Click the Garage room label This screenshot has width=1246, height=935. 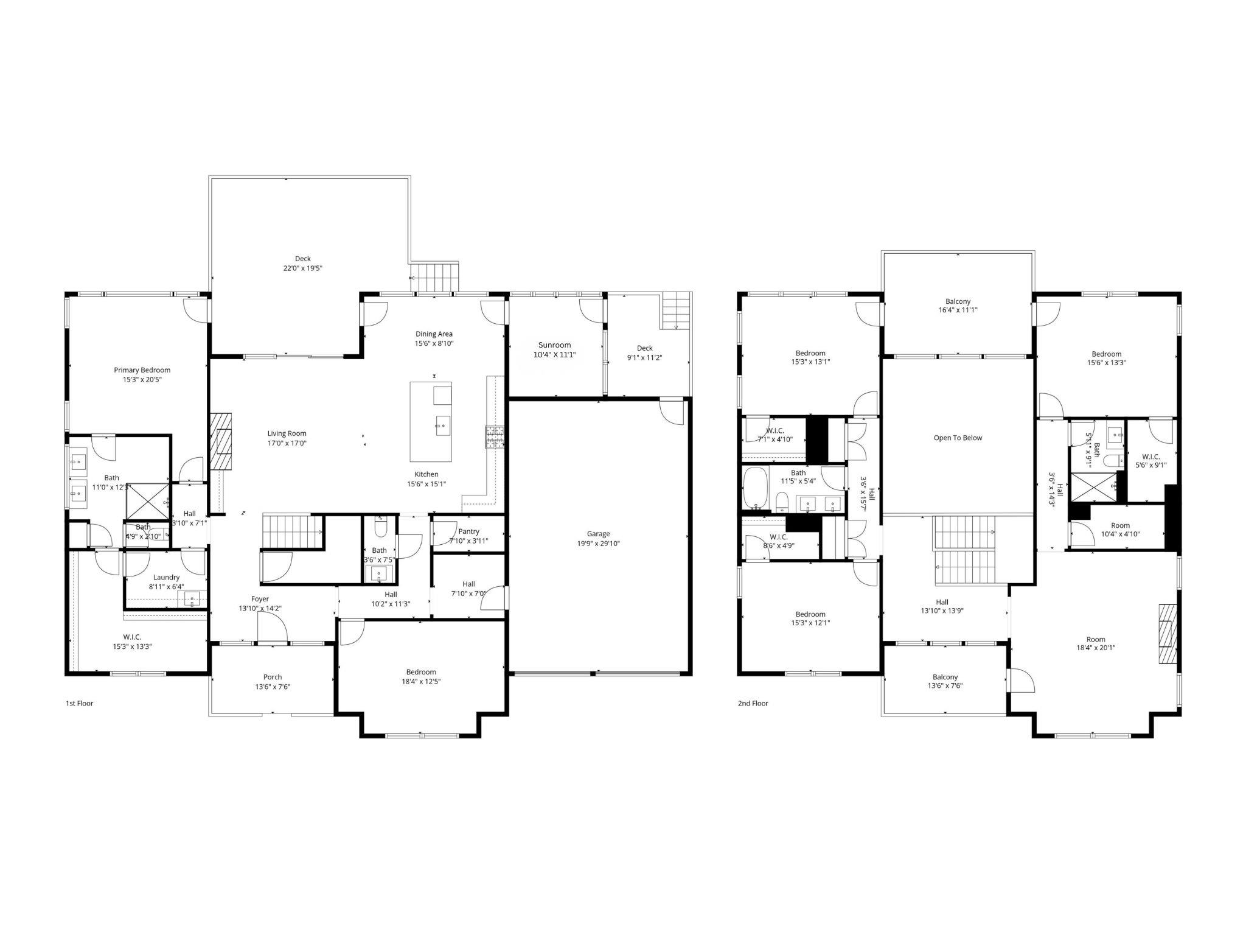598,534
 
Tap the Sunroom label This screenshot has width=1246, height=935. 554,345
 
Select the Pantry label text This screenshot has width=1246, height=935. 468,531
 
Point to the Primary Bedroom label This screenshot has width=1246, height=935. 142,370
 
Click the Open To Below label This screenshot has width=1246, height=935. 958,438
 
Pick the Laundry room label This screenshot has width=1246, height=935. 166,577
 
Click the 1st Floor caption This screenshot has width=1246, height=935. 79,703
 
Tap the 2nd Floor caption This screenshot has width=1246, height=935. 753,703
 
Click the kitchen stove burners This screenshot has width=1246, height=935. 495,437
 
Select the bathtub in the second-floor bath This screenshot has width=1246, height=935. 755,488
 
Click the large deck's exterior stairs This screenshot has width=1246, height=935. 434,278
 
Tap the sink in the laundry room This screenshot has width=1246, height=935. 192,600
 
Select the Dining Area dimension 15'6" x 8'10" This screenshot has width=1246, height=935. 434,343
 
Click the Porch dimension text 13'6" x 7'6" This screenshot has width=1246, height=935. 273,686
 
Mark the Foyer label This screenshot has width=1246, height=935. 260,599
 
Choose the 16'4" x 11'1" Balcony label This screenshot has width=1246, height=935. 958,310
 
